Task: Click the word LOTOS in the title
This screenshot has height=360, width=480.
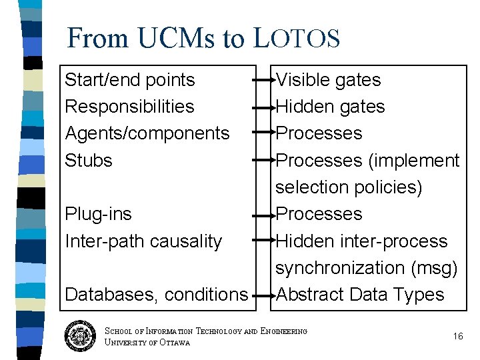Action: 297,38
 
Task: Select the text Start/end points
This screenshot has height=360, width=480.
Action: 130,80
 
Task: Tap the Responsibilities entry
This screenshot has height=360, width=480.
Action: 129,107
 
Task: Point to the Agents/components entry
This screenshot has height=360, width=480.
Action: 147,133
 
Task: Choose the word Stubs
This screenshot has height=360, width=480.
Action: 89,161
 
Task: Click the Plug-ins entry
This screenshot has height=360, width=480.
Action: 98,214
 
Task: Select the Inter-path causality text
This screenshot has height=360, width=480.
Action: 143,241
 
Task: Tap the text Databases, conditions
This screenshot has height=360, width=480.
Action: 156,294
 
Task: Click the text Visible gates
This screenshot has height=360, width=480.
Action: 328,80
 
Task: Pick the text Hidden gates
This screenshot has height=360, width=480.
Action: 330,107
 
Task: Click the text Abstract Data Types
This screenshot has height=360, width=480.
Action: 360,294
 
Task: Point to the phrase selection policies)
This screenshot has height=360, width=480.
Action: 349,187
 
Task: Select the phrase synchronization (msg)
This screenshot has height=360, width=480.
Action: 367,267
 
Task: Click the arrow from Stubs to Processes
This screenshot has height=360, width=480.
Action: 265,161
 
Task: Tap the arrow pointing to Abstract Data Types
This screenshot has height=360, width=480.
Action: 265,295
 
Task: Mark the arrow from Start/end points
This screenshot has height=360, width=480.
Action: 265,80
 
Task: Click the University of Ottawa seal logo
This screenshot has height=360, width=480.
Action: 81,336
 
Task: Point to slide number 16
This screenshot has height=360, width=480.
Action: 457,336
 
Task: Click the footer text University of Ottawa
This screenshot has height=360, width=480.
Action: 147,343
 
